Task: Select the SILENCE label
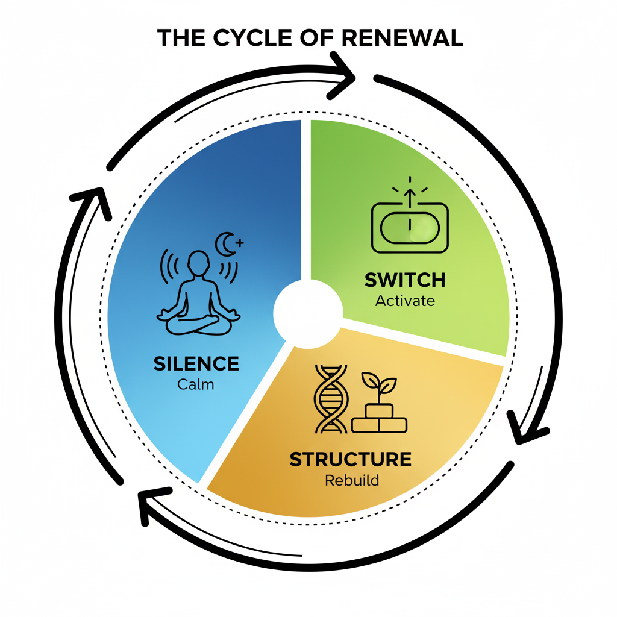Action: point(196,364)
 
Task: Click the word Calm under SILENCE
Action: point(196,384)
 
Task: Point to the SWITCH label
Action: point(405,280)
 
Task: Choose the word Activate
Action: point(405,301)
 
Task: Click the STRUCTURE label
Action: point(351,459)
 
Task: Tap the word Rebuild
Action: point(352,481)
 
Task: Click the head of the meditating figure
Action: point(198,263)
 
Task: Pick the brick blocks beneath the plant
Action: point(379,419)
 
